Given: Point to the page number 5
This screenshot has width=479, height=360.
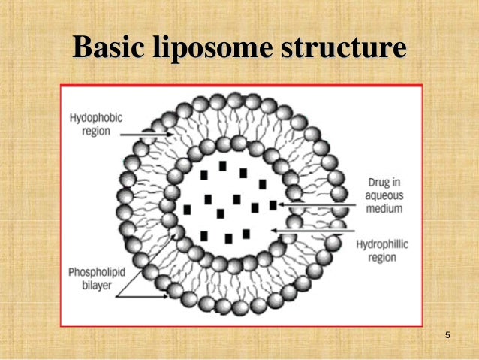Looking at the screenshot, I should point(447,334).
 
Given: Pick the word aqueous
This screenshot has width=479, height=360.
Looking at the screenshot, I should point(385,195).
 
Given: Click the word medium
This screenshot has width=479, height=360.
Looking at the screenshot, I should point(385,207).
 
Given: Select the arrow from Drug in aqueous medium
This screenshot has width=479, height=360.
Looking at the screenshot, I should point(315,204).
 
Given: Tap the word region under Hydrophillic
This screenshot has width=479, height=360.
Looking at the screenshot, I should point(382,257).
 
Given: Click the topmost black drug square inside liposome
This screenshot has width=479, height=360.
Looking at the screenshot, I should point(223,165).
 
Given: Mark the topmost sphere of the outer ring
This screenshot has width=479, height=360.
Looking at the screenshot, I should point(233,100).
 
